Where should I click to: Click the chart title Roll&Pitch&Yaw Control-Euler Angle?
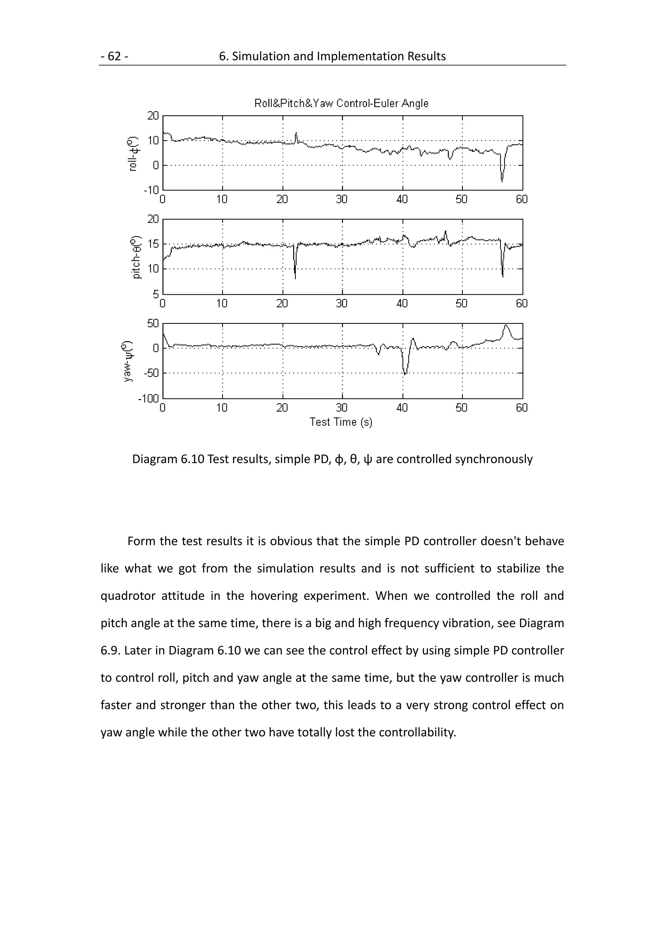coord(341,103)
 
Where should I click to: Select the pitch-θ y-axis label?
coord(136,257)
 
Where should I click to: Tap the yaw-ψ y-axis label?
coord(128,361)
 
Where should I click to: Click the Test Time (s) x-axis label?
coord(341,422)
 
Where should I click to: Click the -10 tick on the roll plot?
coord(151,190)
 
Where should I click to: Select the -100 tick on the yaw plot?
coord(148,398)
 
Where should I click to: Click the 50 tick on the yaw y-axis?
coord(153,323)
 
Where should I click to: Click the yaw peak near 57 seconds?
coord(506,326)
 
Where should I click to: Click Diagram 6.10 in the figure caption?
coord(168,459)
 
